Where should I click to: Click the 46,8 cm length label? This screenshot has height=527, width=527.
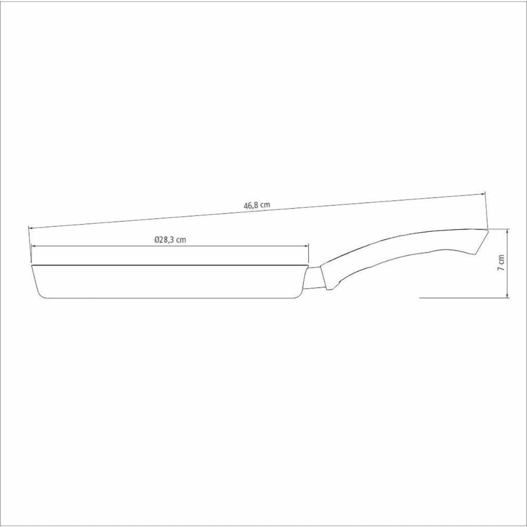point(257,205)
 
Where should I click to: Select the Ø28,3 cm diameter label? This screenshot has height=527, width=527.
point(170,240)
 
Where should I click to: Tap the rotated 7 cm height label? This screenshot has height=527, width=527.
point(501,263)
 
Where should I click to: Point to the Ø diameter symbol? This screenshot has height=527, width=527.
point(157,240)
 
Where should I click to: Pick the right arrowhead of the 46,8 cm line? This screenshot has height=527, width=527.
point(482,194)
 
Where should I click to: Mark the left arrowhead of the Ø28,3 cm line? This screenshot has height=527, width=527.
point(33,246)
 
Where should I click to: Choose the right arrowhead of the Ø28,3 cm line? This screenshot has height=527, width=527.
point(306,246)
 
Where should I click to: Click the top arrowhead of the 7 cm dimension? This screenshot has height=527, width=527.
point(507,231)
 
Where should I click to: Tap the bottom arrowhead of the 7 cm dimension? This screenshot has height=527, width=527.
point(507,295)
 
